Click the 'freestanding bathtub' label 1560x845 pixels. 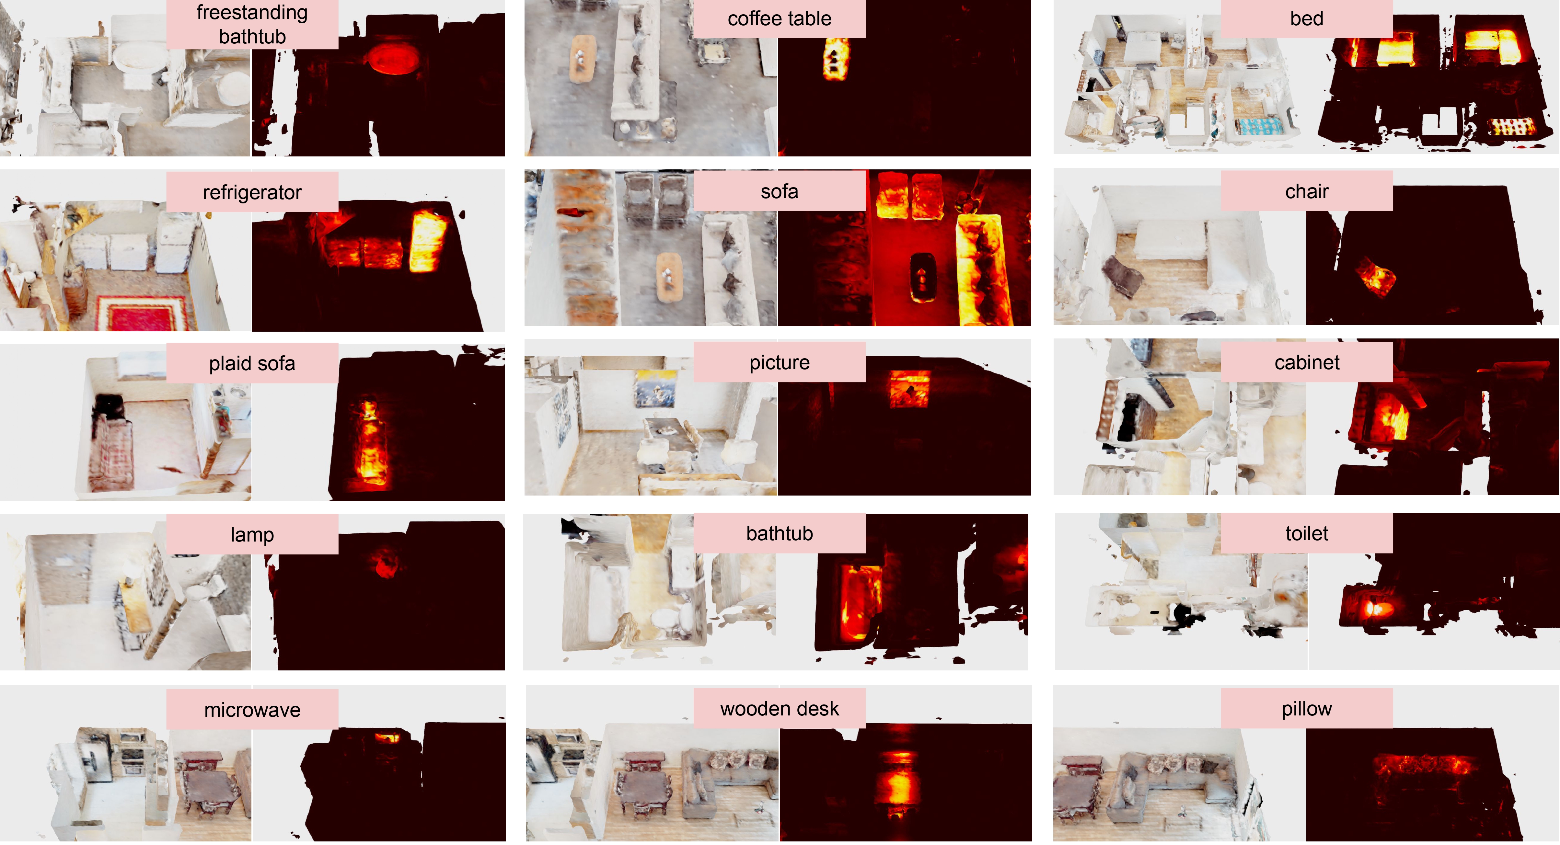click(x=252, y=24)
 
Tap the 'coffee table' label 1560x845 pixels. click(x=780, y=19)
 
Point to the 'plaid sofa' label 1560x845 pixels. click(x=252, y=363)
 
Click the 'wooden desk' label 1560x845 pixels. click(x=780, y=708)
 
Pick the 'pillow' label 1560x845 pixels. click(x=1306, y=708)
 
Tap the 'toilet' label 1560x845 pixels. click(x=1306, y=533)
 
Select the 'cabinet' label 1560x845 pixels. click(x=1306, y=362)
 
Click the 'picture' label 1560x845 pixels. click(x=780, y=362)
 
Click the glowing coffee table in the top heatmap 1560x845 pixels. click(x=836, y=59)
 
